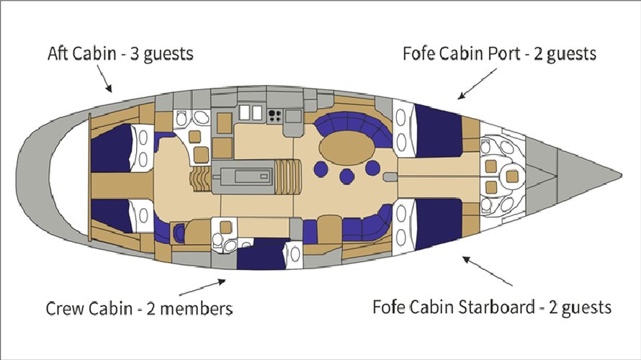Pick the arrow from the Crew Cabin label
click(x=201, y=287)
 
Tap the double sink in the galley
click(x=249, y=112)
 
